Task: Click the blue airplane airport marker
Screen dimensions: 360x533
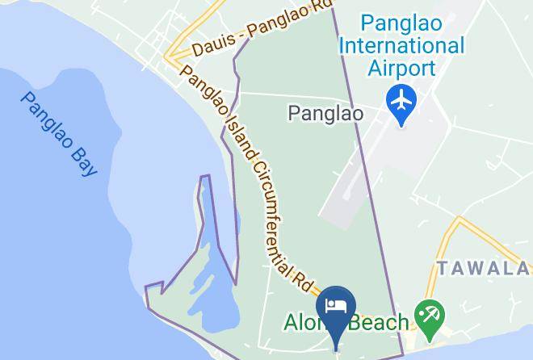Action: [x=401, y=103]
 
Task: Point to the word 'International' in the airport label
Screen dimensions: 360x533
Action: [x=401, y=44]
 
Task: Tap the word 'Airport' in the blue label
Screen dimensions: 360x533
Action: [x=401, y=68]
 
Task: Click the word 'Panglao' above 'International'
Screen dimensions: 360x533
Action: [x=401, y=22]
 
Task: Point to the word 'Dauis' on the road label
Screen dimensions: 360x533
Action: [x=209, y=50]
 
